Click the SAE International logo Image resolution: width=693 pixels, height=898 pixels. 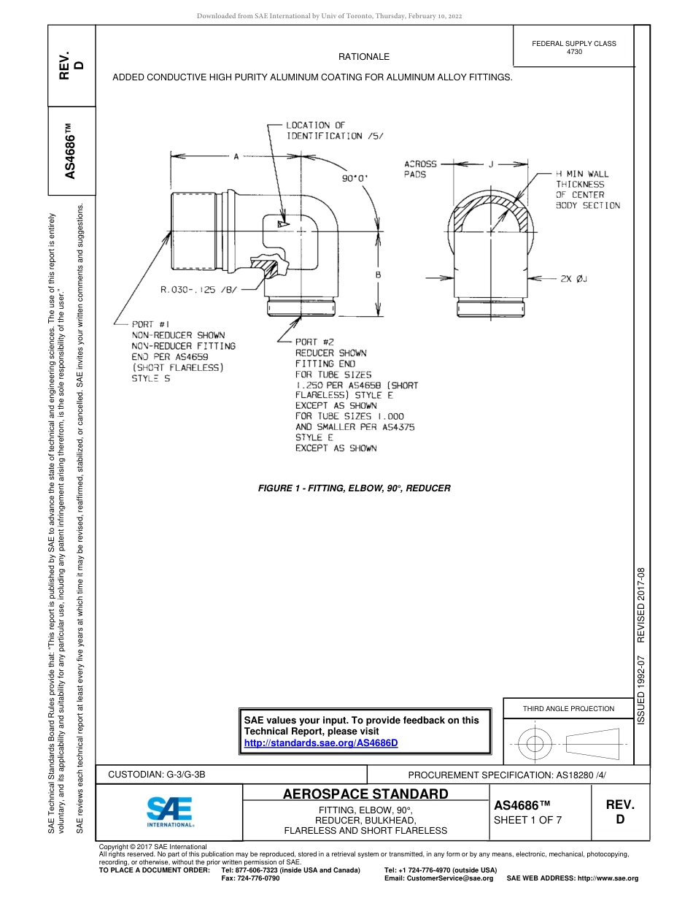click(x=169, y=810)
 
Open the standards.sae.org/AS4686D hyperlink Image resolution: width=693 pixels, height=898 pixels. click(x=321, y=742)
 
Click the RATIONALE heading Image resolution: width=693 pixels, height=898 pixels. click(x=363, y=57)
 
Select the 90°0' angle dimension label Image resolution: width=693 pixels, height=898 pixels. click(x=355, y=177)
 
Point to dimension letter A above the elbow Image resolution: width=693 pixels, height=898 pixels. click(x=236, y=156)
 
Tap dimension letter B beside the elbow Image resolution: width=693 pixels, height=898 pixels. click(x=379, y=275)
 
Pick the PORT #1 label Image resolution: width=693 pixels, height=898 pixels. click(x=151, y=324)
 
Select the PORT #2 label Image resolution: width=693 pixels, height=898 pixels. click(x=314, y=342)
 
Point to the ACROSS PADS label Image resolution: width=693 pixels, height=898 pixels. click(x=420, y=169)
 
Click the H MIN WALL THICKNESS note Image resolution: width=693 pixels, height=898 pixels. click(x=587, y=190)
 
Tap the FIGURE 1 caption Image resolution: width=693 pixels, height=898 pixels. click(x=355, y=488)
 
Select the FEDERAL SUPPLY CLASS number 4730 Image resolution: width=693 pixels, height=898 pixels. click(x=574, y=52)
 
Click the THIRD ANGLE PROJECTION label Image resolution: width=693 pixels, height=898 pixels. click(x=568, y=708)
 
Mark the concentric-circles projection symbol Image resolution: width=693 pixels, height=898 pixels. click(x=535, y=744)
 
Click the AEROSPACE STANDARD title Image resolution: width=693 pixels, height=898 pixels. click(x=365, y=794)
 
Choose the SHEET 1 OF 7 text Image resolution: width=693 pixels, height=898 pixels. click(x=528, y=819)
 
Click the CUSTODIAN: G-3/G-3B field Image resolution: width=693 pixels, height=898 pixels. click(x=162, y=775)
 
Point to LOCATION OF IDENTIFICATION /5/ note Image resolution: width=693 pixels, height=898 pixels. click(x=324, y=131)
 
